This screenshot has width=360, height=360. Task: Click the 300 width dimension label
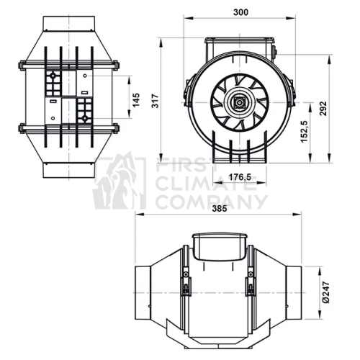pos(240,12)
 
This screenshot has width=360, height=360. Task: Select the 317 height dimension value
pos(156,101)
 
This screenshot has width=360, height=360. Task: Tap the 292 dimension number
pos(323,109)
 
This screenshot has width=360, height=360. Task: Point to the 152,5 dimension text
pos(305,132)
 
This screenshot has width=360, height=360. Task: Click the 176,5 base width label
pos(240,177)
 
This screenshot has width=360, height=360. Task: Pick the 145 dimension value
pos(135,100)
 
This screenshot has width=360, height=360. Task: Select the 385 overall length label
pos(220,209)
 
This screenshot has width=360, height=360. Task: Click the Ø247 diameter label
pos(326,292)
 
